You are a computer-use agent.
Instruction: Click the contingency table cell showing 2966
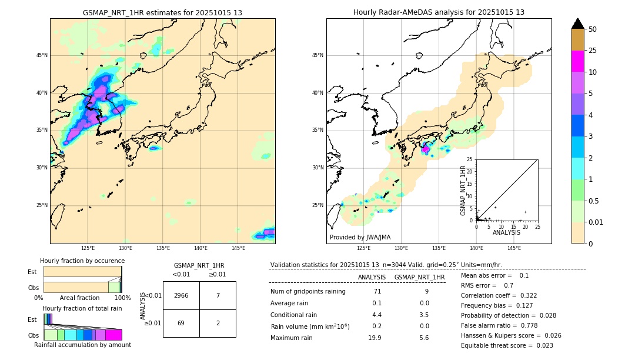pos(181,295)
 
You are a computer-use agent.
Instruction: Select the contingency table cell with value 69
pos(181,323)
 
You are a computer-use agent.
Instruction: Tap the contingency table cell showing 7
pos(218,295)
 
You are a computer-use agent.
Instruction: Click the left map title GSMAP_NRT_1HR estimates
pos(162,12)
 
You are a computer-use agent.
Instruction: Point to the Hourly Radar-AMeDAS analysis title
pos(439,12)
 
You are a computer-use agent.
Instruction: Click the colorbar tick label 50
pos(593,29)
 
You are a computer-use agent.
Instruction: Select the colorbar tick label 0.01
pos(596,222)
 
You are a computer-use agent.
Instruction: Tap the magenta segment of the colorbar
pos(577,61)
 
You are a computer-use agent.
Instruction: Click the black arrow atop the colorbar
pos(577,24)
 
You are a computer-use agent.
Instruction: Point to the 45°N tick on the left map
pos(42,55)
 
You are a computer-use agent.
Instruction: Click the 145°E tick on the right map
pos(514,248)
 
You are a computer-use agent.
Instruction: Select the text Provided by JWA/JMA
pos(360,238)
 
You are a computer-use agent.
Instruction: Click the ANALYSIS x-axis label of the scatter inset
pos(506,232)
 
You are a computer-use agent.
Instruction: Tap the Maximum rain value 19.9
pos(376,338)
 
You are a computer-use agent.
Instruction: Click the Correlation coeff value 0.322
pos(525,295)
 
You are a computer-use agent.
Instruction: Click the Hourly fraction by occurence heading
pos(82,261)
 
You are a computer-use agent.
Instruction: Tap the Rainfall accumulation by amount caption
pos(82,345)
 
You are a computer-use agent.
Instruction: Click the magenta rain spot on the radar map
pos(425,149)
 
